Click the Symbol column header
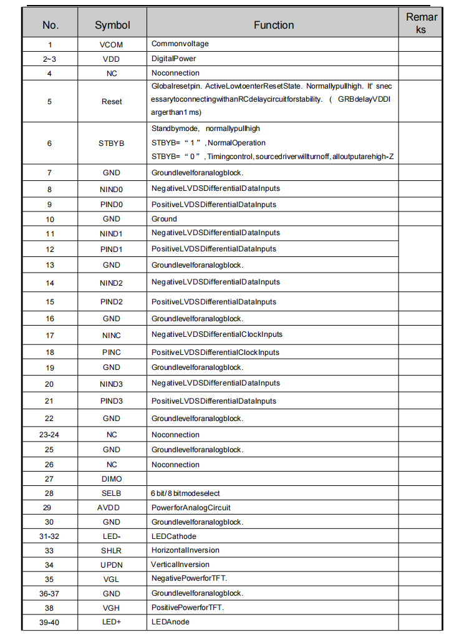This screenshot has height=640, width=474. tap(112, 25)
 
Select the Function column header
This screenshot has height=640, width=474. tap(273, 25)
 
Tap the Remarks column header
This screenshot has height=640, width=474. tap(421, 22)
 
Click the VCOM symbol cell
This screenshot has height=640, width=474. tap(112, 44)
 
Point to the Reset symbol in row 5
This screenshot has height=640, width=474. tap(112, 102)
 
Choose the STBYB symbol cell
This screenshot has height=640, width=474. tap(112, 143)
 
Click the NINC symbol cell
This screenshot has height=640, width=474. tap(112, 336)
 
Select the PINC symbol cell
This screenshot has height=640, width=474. tap(112, 352)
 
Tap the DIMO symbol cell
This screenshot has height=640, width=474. tap(112, 479)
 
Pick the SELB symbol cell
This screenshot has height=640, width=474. tap(112, 493)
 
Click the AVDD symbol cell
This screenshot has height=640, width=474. tap(112, 508)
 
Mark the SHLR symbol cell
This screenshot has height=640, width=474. tap(112, 551)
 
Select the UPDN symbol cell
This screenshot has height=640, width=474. tap(112, 565)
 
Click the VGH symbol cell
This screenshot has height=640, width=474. tap(112, 608)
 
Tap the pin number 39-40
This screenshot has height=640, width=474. tap(49, 622)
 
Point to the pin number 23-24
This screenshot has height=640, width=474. tap(49, 435)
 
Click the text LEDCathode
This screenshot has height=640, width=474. tap(174, 536)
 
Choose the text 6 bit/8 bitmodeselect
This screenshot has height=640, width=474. tap(186, 493)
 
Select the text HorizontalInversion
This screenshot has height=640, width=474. tap(185, 550)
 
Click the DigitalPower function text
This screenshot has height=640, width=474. tap(173, 59)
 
